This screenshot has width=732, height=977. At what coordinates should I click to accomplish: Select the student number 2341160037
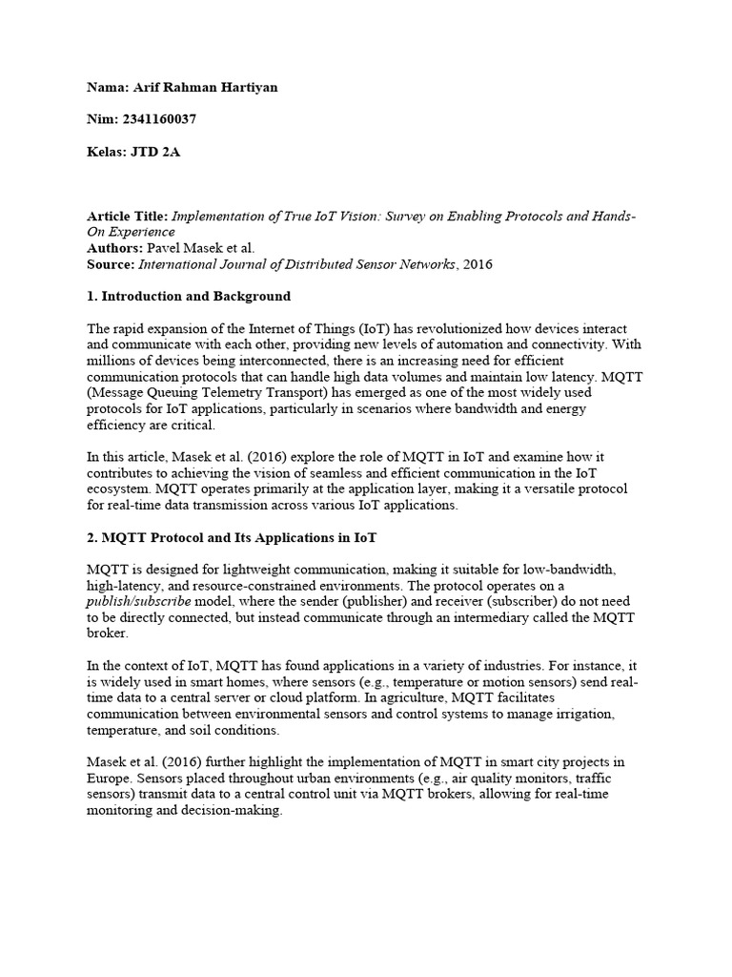pyautogui.click(x=160, y=120)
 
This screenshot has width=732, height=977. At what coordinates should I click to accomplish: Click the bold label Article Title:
pyautogui.click(x=127, y=217)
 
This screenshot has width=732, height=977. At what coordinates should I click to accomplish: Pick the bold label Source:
pyautogui.click(x=111, y=263)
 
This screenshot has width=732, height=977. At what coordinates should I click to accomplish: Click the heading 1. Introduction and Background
pyautogui.click(x=188, y=296)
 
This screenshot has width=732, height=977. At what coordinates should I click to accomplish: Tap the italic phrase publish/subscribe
pyautogui.click(x=138, y=602)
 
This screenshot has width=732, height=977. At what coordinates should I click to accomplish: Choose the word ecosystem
pyautogui.click(x=119, y=489)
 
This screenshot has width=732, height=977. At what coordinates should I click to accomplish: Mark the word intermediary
pyautogui.click(x=502, y=618)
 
